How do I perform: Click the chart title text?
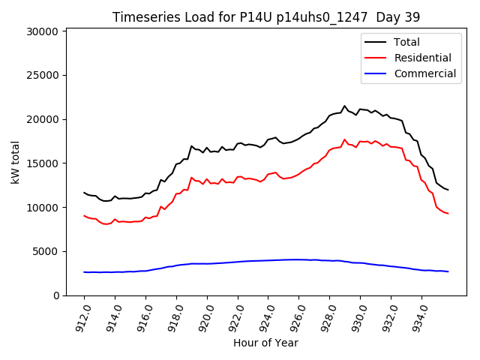[x=266, y=17]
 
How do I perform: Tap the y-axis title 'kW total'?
[x=14, y=162]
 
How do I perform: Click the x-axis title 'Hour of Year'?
[x=265, y=343]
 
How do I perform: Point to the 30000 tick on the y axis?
[x=42, y=31]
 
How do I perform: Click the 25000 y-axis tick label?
[x=42, y=75]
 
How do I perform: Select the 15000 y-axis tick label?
[x=42, y=163]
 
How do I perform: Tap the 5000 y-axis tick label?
[x=45, y=251]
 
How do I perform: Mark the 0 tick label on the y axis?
[x=55, y=295]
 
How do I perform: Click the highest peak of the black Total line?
[x=345, y=106]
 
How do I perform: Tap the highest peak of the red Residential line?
[x=345, y=139]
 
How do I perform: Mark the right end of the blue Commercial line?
[x=448, y=271]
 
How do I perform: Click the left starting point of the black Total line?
[x=84, y=193]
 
